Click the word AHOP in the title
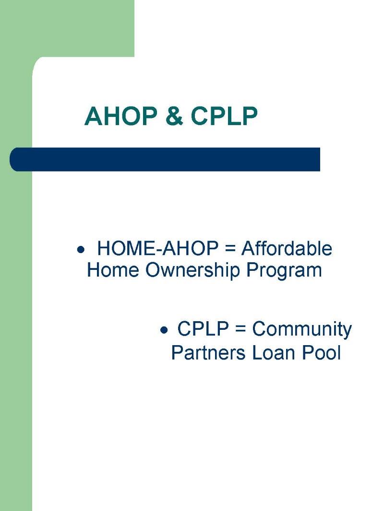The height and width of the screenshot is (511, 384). coord(120,116)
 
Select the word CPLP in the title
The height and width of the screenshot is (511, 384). coord(224,116)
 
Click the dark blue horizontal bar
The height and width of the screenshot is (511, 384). coord(165,159)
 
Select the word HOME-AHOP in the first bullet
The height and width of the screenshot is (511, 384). coord(157,248)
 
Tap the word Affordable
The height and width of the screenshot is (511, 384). coord(287,248)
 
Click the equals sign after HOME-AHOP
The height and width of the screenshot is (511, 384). coord(230,249)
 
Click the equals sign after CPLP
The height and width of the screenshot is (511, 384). coord(240,329)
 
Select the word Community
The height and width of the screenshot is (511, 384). coord(302,329)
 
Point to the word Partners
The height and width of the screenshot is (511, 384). coord(208,352)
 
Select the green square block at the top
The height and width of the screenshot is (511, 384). coord(67,28)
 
